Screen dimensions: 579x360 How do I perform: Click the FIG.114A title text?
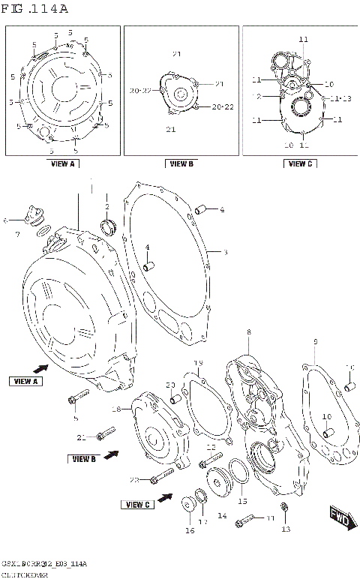click(36, 9)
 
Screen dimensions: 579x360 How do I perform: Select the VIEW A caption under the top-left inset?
click(62, 163)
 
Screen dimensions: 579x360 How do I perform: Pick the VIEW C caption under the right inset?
click(298, 163)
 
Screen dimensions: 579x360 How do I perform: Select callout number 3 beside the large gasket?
click(224, 253)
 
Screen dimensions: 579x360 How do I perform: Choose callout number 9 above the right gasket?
click(314, 342)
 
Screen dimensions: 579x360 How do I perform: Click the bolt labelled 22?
click(162, 475)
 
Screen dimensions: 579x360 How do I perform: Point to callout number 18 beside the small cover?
click(116, 409)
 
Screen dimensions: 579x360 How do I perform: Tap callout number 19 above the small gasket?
click(198, 364)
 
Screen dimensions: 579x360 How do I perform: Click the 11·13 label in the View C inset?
click(332, 98)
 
